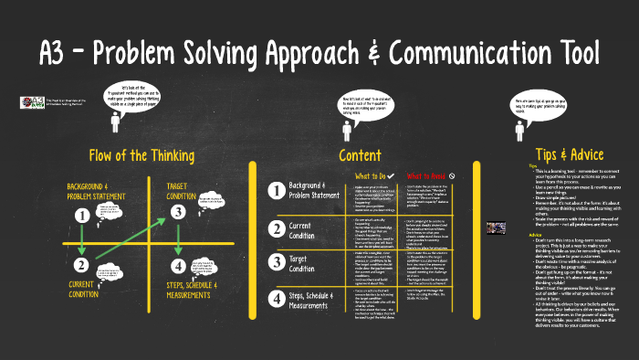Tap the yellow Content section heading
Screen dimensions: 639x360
pos(360,154)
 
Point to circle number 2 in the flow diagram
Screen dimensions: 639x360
pos(82,266)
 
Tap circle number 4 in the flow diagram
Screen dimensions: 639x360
pos(178,266)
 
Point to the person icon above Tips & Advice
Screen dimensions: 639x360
pos(519,129)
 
